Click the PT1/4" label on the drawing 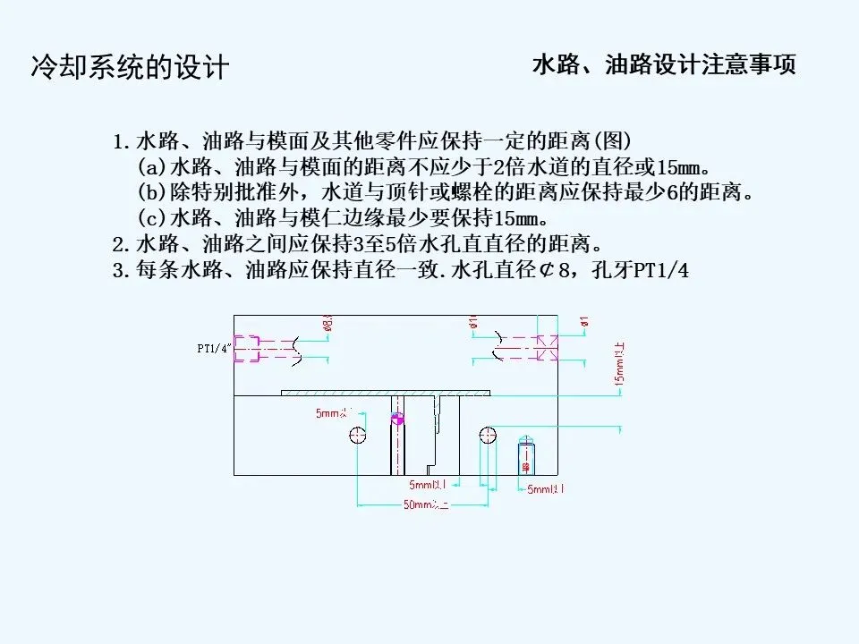(214, 348)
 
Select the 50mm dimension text (425, 504)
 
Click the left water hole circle (358, 436)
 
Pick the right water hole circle (488, 436)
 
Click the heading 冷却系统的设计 (131, 68)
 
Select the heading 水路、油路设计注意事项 (663, 65)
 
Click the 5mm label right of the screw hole (545, 489)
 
